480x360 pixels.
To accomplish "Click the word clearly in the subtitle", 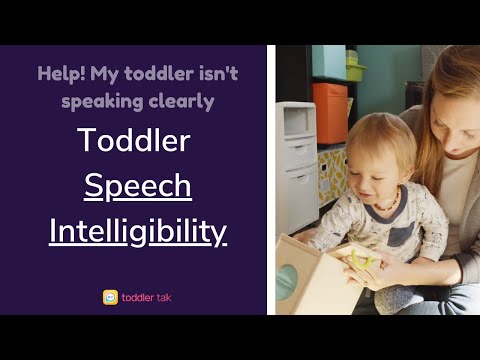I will coord(181,101).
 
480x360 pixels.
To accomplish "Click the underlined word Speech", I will coord(138,187).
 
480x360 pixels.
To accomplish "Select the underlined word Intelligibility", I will coord(138,231).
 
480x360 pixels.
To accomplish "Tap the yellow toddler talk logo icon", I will coord(110,297).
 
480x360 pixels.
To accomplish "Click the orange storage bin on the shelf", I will coord(330,112).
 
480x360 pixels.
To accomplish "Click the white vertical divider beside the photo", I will coord(271,180).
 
